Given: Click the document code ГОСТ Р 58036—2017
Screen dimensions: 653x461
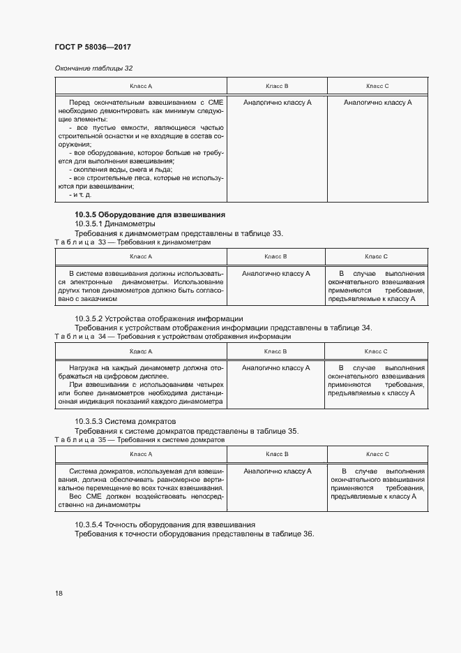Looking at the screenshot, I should click(x=93, y=47).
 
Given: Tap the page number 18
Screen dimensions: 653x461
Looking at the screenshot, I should click(x=59, y=593).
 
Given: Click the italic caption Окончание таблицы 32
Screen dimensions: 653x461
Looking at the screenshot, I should click(x=93, y=68).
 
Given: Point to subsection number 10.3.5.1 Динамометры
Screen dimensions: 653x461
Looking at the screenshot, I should click(x=115, y=223).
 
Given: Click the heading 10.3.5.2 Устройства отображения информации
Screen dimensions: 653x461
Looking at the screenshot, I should click(x=158, y=318).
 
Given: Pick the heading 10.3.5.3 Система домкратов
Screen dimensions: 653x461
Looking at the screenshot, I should click(x=126, y=421).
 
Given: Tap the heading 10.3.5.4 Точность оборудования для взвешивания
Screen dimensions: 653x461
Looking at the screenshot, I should click(x=165, y=524).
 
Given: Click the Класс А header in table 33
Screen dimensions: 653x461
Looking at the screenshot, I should click(x=141, y=257).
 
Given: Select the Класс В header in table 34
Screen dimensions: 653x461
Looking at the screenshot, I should click(x=276, y=351).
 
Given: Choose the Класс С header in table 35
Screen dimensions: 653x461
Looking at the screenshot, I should click(x=377, y=454).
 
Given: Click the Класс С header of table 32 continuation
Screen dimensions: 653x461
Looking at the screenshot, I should click(x=377, y=86).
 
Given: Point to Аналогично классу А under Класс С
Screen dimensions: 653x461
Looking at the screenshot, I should click(x=377, y=103).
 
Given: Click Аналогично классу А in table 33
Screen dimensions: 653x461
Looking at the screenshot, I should click(x=276, y=274).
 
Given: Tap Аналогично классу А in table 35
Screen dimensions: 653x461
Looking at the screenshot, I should click(x=276, y=471).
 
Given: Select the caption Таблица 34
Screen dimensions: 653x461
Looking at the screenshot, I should click(x=84, y=337).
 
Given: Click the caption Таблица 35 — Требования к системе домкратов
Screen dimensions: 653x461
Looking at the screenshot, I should click(x=139, y=440).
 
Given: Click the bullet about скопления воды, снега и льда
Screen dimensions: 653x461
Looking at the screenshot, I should click(x=120, y=170).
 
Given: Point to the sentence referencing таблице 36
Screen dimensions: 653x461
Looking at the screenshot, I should click(x=194, y=534).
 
